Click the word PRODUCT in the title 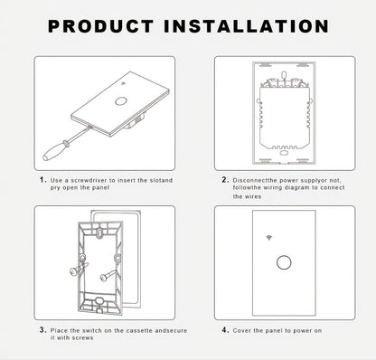point(101,26)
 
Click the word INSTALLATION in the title point(246,26)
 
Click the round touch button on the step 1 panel point(120,100)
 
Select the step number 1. point(42,180)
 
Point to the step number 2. point(225,180)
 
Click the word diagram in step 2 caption point(297,187)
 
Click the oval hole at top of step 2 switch point(284,74)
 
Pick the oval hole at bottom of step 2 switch point(284,153)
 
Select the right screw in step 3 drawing point(109,274)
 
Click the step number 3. point(42,330)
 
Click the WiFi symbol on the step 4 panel point(268,238)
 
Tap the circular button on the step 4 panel point(284,262)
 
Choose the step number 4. point(225,330)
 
